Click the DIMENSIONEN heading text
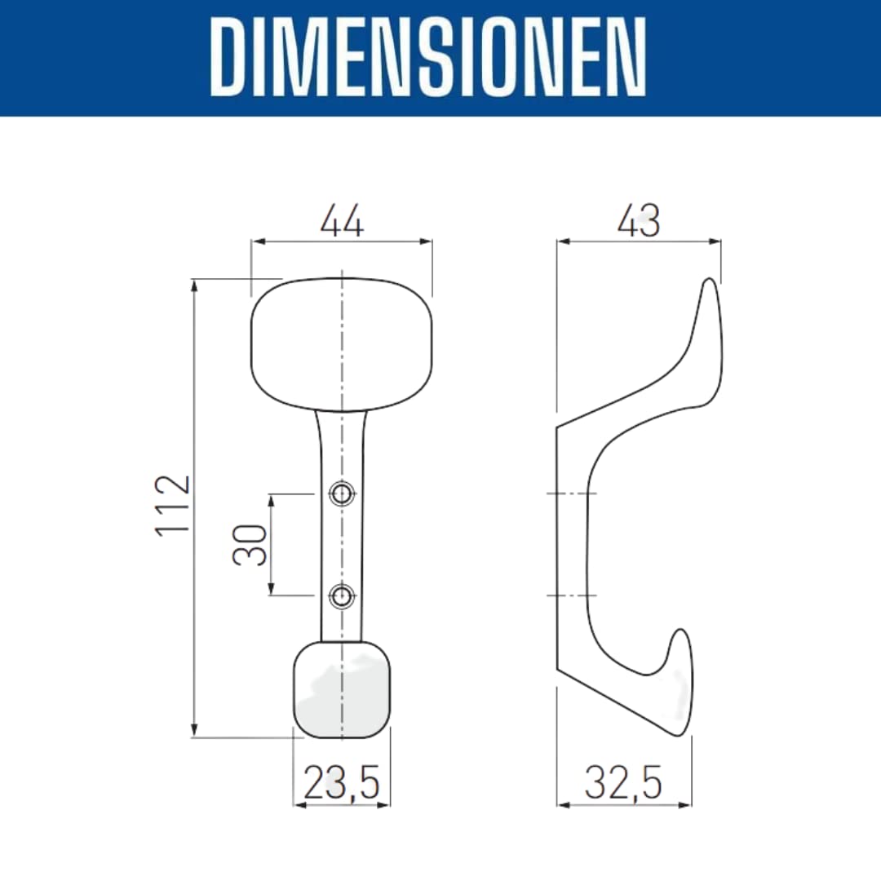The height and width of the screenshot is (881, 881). tap(428, 57)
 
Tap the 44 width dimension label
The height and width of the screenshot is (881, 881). tap(342, 221)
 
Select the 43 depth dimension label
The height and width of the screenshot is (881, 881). tap(639, 221)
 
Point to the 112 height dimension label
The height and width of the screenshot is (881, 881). tap(173, 506)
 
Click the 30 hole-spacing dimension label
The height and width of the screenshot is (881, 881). tap(250, 544)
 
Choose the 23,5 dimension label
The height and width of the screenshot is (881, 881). tap(342, 782)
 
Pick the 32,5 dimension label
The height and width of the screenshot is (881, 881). tap(623, 782)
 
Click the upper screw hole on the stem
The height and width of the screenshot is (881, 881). tap(342, 494)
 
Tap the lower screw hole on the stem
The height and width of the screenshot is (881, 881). tap(342, 595)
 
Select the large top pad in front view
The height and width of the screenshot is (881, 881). tap(342, 344)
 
